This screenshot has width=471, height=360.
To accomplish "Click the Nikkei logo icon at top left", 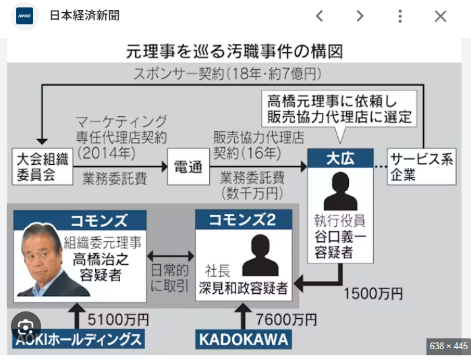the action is click(25, 16).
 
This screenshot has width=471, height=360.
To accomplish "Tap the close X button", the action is click(441, 16).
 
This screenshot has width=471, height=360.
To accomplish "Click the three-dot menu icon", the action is click(399, 16).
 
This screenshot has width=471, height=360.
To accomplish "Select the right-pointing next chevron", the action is click(360, 16).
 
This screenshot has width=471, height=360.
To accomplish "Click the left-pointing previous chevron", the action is click(319, 16).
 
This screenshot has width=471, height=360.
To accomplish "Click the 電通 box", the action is click(188, 167).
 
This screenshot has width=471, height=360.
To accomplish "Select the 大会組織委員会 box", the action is click(43, 166).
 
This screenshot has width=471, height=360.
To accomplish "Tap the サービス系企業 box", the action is click(422, 166).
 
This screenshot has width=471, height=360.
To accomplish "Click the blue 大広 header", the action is click(340, 158).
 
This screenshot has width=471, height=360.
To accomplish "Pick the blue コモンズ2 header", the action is click(244, 220).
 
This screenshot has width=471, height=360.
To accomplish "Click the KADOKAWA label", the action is click(244, 339).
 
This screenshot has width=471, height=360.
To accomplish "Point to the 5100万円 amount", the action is click(118, 319).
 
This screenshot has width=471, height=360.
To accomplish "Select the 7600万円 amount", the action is click(286, 319).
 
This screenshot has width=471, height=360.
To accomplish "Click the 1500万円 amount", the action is click(372, 294).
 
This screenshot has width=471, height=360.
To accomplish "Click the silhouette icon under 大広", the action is click(340, 191).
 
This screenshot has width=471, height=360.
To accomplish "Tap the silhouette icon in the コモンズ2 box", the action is click(260, 255).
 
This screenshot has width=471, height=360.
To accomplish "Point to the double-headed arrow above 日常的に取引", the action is click(170, 256).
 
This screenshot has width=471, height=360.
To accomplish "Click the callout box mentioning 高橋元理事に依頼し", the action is click(339, 109).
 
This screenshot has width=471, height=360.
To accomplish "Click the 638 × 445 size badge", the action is click(449, 346).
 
